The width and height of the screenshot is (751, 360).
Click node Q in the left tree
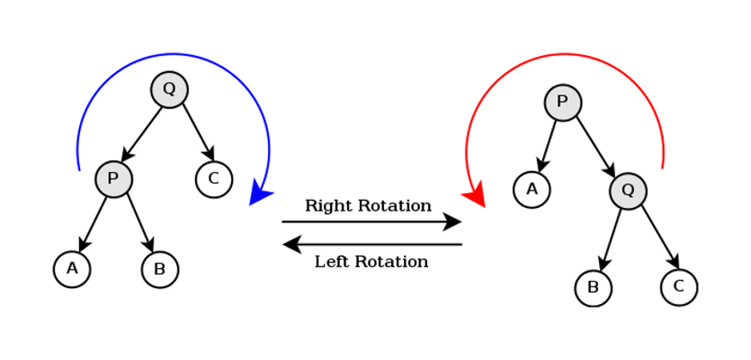click(x=170, y=90)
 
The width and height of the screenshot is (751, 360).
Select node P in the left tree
click(x=114, y=179)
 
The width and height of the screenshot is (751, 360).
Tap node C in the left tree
click(x=214, y=179)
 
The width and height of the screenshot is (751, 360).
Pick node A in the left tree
click(x=72, y=269)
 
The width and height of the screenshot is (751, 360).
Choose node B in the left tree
click(x=160, y=270)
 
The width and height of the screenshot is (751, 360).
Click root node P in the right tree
click(x=563, y=102)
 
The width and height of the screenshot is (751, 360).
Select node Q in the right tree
click(x=628, y=190)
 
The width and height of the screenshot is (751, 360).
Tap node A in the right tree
click(x=532, y=190)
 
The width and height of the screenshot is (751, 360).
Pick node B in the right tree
click(x=593, y=288)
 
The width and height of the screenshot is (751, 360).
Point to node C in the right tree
click(x=679, y=286)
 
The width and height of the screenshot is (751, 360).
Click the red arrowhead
click(x=475, y=195)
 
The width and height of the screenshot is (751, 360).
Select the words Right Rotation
click(x=368, y=206)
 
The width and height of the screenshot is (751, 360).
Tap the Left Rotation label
click(x=371, y=262)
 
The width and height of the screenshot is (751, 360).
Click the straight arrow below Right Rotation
click(x=371, y=222)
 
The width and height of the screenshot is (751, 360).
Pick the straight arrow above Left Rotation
click(x=371, y=244)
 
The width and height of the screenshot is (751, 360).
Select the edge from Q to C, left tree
click(x=197, y=130)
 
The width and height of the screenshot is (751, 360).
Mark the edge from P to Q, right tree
click(x=594, y=145)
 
